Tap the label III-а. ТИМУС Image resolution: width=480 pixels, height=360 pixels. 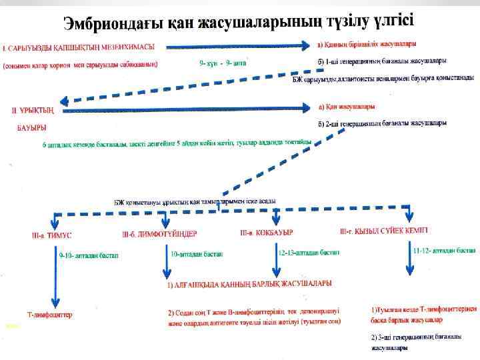click(52, 235)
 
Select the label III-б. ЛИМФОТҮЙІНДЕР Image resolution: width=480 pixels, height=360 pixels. click(159, 234)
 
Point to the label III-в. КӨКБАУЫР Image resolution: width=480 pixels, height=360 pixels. click(267, 233)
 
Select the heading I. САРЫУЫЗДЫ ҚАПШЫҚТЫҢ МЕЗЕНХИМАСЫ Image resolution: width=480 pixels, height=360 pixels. click(79, 47)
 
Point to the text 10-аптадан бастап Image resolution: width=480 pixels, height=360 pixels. click(197, 254)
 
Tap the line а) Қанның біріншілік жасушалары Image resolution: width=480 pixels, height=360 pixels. click(367, 45)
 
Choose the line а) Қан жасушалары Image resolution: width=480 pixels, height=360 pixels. click(346, 106)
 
